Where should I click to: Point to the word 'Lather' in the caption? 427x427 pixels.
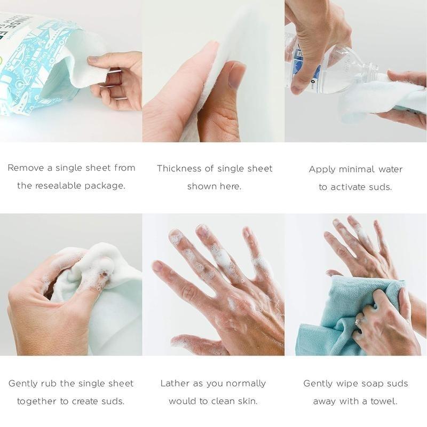175,383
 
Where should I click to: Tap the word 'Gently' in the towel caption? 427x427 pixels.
319,383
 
